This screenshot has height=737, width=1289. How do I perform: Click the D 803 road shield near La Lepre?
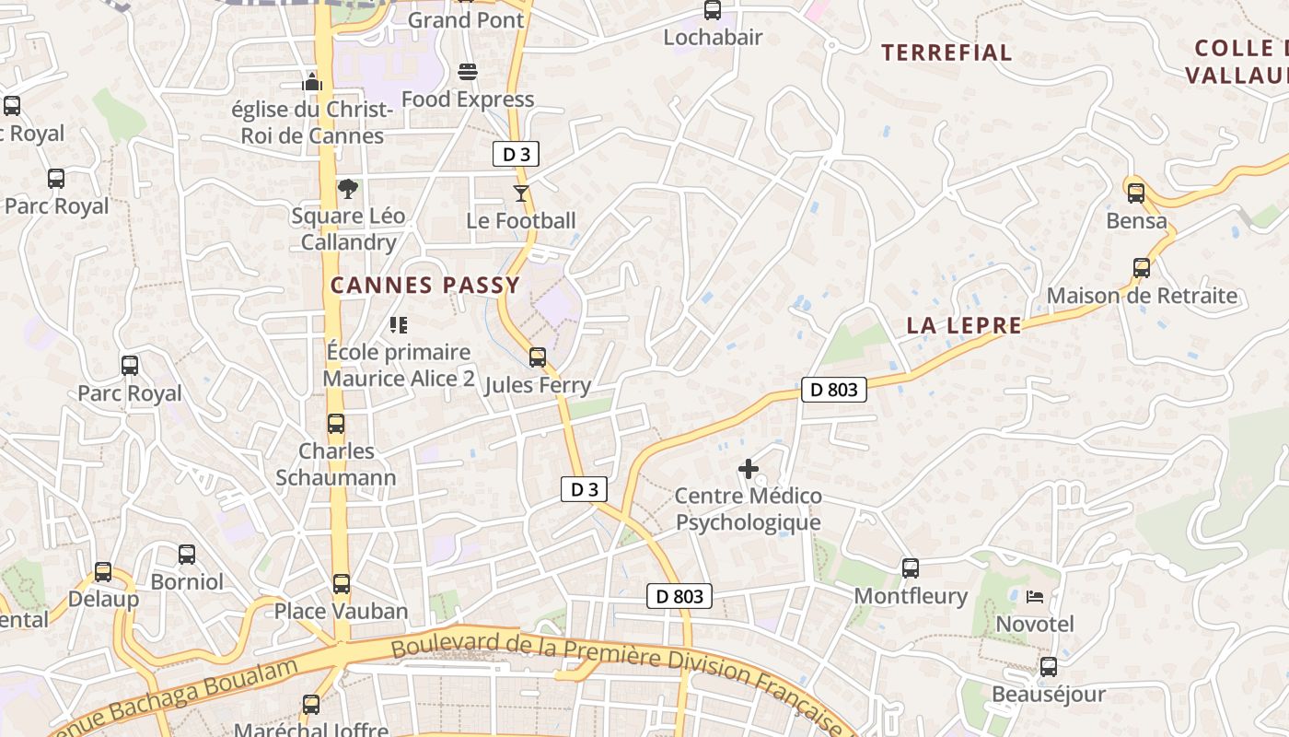834,390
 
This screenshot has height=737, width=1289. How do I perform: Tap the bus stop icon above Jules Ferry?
538,357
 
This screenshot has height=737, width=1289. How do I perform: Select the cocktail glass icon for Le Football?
521,193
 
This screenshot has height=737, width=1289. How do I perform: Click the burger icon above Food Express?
468,72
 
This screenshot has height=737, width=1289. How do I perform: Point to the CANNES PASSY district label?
425,286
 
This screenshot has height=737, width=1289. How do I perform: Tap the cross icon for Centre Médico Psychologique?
749,469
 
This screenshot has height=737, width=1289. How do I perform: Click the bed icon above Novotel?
1035,597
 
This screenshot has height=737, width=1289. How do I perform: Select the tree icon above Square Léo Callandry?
348,189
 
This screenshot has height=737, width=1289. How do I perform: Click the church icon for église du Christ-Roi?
312,82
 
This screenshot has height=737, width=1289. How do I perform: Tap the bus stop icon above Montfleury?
911,568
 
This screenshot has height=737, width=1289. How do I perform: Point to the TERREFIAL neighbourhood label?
946,53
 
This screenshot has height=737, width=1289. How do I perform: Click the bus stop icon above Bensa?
1136,193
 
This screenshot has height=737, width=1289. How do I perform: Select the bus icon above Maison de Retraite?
1142,268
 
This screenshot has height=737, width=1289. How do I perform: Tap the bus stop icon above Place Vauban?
342,583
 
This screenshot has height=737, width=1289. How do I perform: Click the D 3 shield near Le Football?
516,154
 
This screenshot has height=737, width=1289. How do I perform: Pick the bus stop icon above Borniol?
187,555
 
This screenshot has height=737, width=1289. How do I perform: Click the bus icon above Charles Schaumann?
336,424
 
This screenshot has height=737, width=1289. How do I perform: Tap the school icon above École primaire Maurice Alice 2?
399,324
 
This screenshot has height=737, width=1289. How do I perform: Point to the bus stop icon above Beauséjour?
1048,667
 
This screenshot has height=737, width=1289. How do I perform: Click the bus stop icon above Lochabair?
713,10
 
